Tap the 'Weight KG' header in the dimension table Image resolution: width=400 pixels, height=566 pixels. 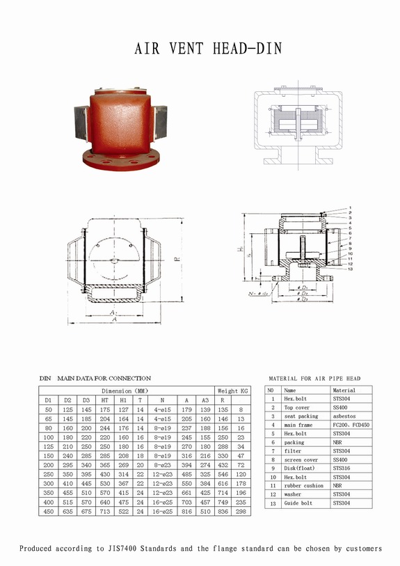tap(233, 391)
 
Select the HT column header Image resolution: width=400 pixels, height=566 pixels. tap(104, 400)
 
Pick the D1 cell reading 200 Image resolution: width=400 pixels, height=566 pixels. tap(47, 464)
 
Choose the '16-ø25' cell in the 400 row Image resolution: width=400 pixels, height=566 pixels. tap(161, 501)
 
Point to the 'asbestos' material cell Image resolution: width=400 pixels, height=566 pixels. tap(345, 416)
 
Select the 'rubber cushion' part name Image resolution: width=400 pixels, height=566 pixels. tap(304, 485)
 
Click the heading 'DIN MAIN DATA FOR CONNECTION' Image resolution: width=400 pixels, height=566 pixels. tap(95, 378)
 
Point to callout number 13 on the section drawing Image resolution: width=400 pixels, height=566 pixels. tap(351, 269)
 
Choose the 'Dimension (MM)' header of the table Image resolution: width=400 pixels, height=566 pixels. tap(125, 391)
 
